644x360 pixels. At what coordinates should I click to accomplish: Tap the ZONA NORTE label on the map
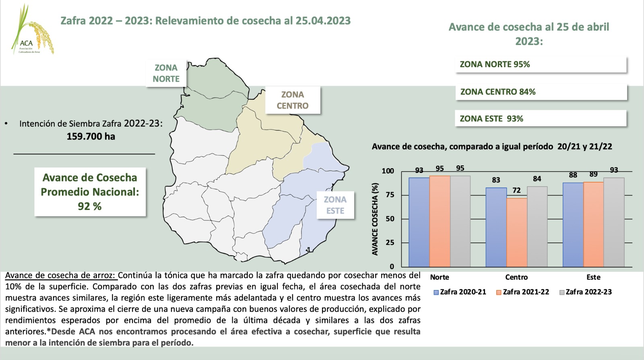tap(166, 73)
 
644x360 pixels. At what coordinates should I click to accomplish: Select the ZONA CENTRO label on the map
tap(293, 100)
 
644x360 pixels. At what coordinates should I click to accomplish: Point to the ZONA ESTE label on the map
tap(335, 205)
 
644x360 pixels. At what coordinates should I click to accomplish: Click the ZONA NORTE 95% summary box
tap(541, 64)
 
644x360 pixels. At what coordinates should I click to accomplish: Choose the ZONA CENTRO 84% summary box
tap(541, 92)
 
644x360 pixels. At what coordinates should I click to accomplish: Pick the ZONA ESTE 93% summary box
tap(541, 119)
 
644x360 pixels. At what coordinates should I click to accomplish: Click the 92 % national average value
tap(90, 206)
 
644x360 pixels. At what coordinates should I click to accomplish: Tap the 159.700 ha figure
tap(91, 136)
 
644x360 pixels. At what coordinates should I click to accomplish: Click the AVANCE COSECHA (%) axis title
tap(375, 219)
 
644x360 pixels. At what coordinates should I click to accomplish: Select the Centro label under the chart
tap(516, 277)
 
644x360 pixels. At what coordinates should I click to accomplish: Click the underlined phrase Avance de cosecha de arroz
tap(61, 276)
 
